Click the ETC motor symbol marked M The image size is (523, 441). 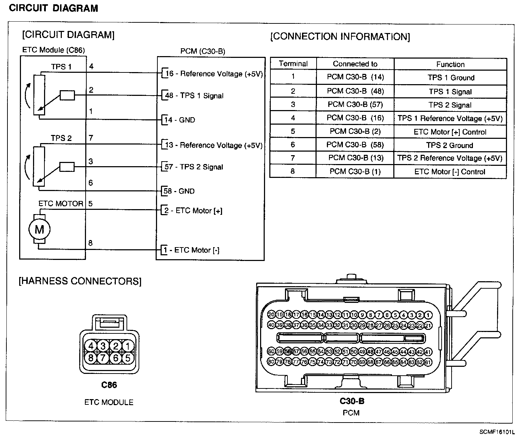coord(39,229)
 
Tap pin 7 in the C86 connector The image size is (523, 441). coord(103,358)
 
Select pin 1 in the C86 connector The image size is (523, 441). coord(128,346)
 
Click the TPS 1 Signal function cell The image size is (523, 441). coord(450,92)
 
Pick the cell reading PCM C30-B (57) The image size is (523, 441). coord(355,105)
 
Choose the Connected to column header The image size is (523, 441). coord(355,64)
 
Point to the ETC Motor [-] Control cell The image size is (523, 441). coord(450,172)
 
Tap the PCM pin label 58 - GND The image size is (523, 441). coord(179,191)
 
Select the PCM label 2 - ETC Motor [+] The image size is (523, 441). coord(193,211)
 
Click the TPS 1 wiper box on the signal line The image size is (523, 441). coord(67,95)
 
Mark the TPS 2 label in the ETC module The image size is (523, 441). coord(61,138)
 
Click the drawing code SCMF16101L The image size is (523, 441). coord(497,432)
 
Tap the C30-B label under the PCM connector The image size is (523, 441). coord(352,401)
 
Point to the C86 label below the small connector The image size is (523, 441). coord(109,385)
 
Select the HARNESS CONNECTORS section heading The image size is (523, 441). coord(80,281)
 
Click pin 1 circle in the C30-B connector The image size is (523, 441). coord(428,315)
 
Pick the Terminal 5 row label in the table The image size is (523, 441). coord(293,131)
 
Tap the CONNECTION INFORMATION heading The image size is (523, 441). coord(340,37)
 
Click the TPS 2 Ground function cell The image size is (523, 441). coord(450,145)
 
